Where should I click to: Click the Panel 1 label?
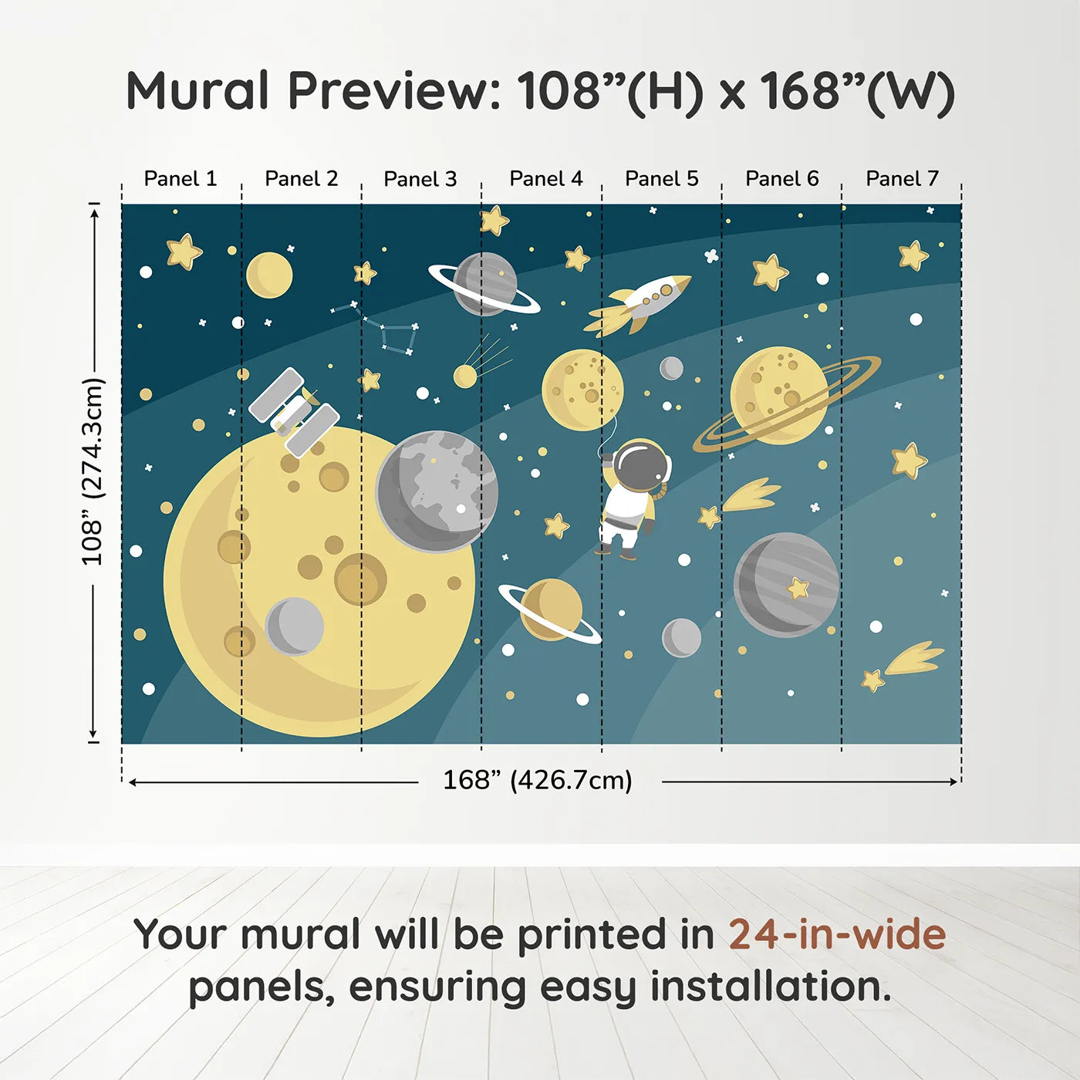click(180, 179)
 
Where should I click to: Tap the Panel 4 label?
click(545, 179)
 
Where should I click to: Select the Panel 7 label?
click(902, 179)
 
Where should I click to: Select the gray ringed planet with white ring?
click(485, 284)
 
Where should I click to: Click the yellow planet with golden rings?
click(781, 396)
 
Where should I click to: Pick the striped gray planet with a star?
click(786, 584)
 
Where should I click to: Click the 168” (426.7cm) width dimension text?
click(537, 781)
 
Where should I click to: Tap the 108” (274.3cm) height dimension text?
click(92, 472)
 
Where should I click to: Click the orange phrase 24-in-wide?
click(837, 935)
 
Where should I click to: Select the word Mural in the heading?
click(197, 91)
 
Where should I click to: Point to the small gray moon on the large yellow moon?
click(294, 626)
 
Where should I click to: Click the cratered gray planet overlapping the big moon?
click(437, 491)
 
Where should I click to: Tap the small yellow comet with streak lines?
click(472, 370)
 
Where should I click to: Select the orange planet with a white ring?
click(549, 610)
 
